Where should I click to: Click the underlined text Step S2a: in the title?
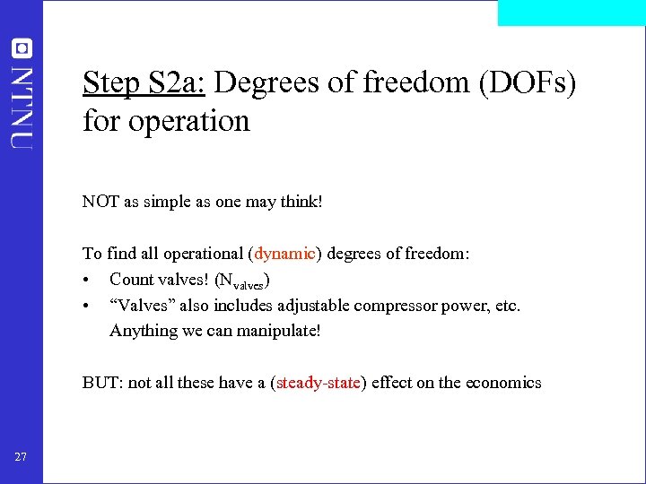(x=144, y=82)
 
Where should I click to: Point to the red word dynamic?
(x=284, y=254)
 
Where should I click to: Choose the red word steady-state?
(x=319, y=383)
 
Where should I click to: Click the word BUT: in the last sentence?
(x=103, y=383)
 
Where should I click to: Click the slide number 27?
(x=21, y=457)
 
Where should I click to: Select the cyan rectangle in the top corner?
(x=571, y=13)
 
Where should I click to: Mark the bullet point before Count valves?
(x=86, y=280)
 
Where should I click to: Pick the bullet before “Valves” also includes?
(x=86, y=306)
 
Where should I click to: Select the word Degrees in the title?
(x=268, y=82)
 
